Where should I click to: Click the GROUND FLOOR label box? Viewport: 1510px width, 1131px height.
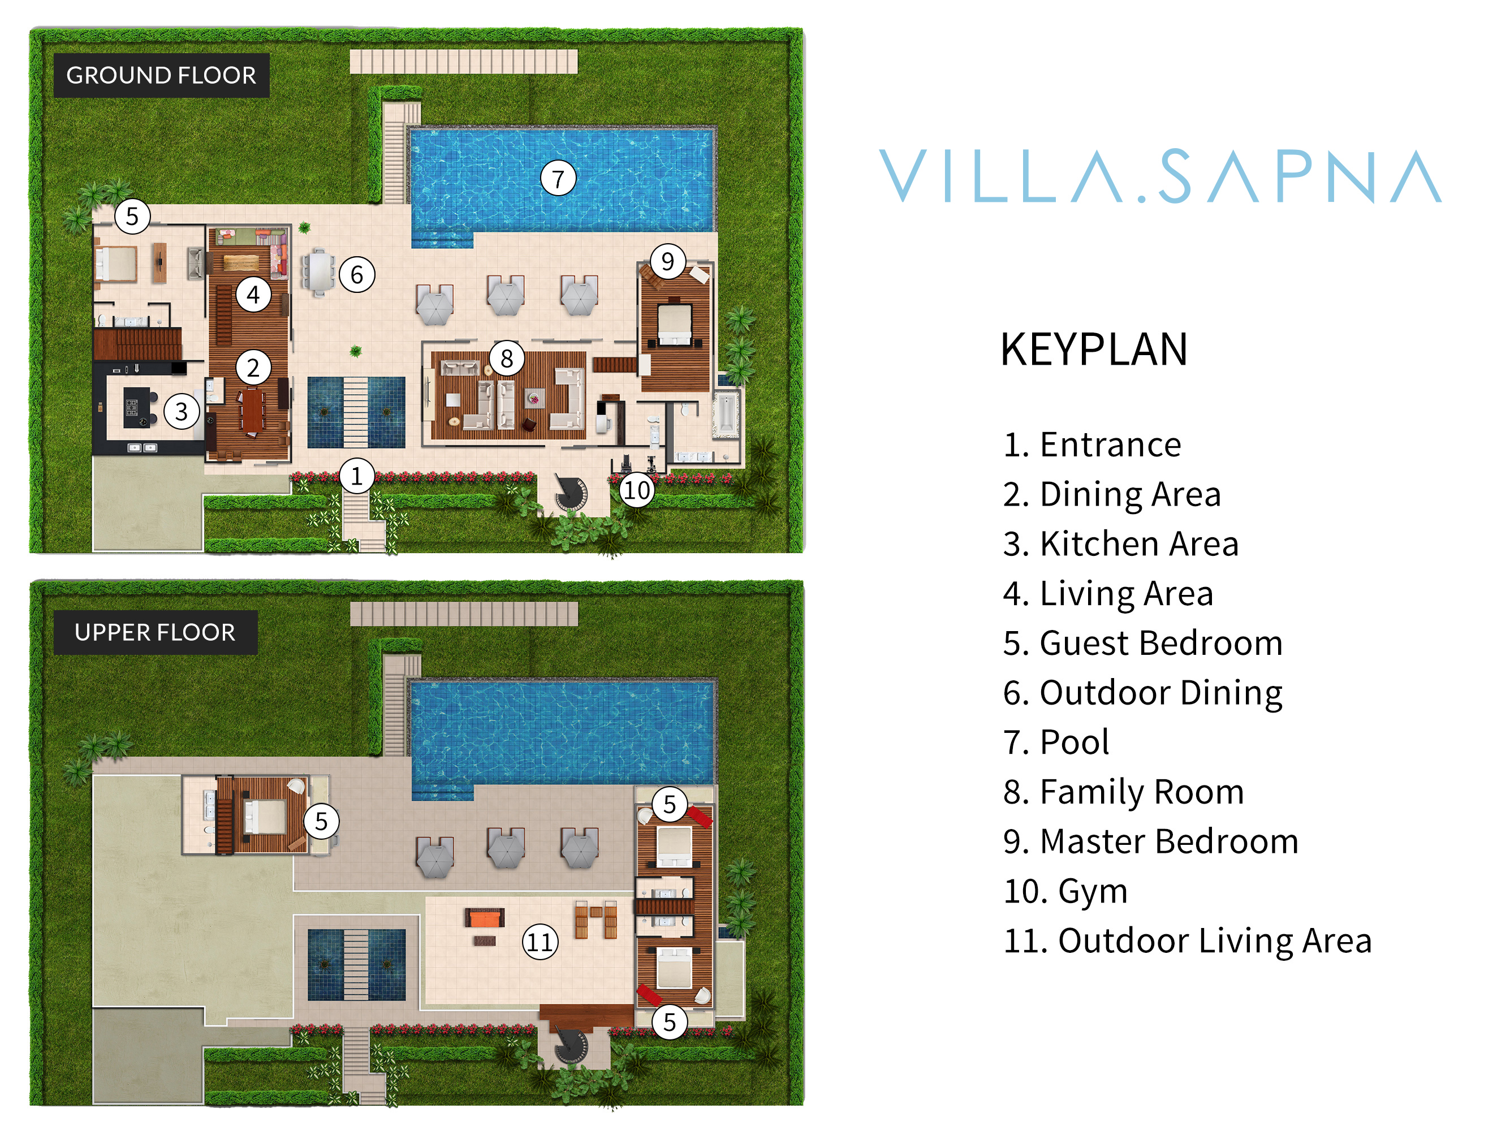(161, 75)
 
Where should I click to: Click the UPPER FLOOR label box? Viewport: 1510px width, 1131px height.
(155, 632)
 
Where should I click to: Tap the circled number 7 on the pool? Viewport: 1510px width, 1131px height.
(558, 179)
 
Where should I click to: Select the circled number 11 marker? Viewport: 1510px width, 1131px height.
(540, 942)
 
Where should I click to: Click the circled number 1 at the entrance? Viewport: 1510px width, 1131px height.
(356, 476)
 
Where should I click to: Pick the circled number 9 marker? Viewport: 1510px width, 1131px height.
(667, 261)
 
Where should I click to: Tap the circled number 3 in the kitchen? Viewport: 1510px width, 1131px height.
(182, 412)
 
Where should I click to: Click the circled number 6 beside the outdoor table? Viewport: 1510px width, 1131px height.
(356, 274)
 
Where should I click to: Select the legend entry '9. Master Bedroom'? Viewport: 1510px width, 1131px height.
(1150, 841)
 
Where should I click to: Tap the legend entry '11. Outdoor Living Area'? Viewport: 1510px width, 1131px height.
(1187, 940)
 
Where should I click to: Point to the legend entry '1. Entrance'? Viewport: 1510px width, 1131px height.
(1092, 445)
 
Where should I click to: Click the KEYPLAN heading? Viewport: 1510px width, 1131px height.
(1094, 349)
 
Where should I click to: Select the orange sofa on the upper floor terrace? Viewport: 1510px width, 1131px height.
(485, 918)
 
